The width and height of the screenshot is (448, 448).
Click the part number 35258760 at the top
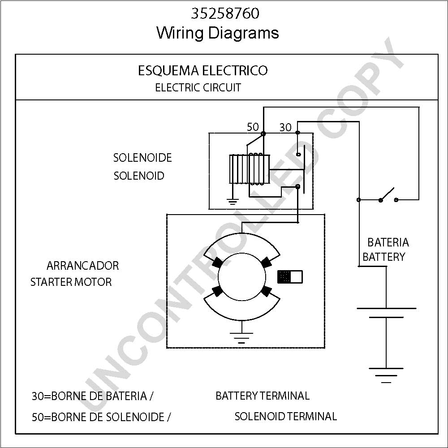225,13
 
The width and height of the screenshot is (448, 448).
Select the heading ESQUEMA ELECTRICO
203,71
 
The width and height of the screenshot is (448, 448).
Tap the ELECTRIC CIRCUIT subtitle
198,87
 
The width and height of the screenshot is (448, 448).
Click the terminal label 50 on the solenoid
253,127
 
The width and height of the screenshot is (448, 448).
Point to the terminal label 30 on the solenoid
285,127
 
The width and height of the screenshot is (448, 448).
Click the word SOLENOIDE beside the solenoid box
142,158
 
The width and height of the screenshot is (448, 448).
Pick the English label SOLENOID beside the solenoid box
139,176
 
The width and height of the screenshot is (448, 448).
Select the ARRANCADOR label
82,266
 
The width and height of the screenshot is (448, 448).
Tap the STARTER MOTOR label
71,282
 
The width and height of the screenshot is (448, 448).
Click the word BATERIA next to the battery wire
388,242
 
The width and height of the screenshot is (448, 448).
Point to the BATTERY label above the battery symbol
384,257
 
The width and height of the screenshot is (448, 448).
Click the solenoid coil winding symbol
250,169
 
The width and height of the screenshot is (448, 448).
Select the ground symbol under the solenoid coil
233,202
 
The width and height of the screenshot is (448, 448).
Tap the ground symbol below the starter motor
242,337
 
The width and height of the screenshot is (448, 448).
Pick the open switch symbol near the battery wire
388,196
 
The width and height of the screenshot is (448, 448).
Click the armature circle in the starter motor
242,277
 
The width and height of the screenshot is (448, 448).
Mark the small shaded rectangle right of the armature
290,277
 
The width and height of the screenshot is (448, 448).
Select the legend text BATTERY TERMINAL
263,396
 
